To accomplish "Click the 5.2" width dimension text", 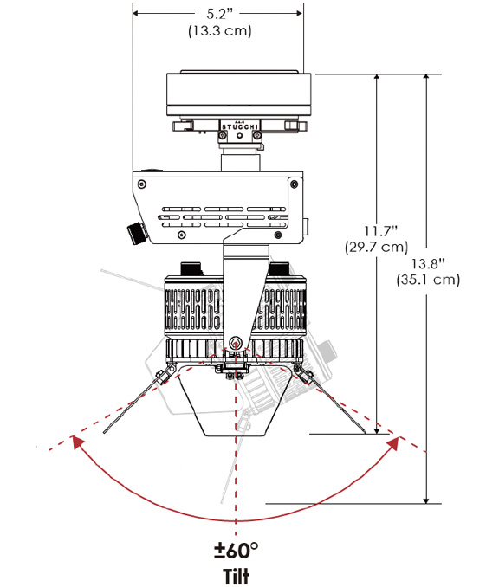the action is click(219, 14).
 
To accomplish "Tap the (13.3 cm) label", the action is click(219, 30).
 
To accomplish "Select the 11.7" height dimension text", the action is click(380, 231).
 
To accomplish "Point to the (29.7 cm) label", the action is click(376, 247).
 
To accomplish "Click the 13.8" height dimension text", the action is click(428, 263).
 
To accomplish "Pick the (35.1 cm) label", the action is click(428, 280).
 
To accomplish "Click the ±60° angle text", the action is click(236, 550).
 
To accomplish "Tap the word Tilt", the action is click(236, 575).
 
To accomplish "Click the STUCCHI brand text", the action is click(240, 126).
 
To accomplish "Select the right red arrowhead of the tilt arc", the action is click(393, 443).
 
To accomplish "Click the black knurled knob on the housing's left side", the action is click(136, 233).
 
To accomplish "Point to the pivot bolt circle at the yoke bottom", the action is click(236, 341).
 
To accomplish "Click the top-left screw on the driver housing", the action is click(141, 184).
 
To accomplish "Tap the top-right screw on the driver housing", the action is click(295, 184).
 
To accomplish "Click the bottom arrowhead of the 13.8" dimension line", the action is click(425, 500).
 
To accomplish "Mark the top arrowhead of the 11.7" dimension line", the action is click(377, 78).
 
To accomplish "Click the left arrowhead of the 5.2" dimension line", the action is click(137, 14).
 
